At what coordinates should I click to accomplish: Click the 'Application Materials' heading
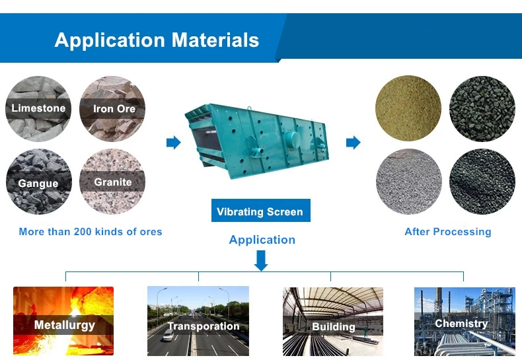point(157,40)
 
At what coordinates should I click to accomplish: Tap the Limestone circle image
point(38,109)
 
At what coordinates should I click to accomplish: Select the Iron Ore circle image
point(112,109)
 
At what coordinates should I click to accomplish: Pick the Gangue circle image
point(38,182)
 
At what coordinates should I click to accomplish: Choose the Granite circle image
point(112,182)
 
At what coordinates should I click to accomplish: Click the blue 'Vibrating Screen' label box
point(260,210)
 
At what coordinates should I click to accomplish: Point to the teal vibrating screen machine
point(256,141)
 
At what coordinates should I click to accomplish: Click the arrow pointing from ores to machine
point(173,143)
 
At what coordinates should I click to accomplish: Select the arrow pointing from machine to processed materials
point(354,143)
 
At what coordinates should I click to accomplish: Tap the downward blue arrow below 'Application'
point(261,260)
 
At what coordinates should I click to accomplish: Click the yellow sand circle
point(408,108)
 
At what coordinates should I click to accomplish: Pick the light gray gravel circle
point(409,182)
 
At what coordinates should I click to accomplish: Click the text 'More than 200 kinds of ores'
point(91,232)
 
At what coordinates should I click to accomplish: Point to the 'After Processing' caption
point(448,232)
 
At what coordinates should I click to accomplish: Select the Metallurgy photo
point(63,321)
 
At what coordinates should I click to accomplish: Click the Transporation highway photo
point(198,321)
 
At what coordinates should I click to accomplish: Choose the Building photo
point(333,322)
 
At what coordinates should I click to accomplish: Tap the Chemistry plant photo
point(465,322)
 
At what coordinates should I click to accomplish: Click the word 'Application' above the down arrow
point(262,240)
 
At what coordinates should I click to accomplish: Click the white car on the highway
point(168,336)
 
